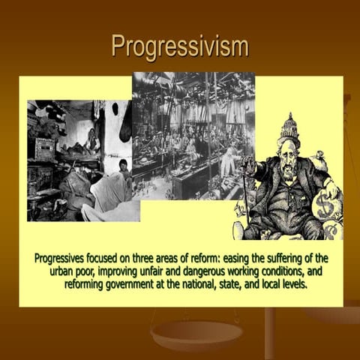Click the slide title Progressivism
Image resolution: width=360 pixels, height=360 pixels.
[179, 46]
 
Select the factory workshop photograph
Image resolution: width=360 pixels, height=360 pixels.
[193, 135]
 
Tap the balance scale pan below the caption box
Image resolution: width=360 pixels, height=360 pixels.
[180, 330]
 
